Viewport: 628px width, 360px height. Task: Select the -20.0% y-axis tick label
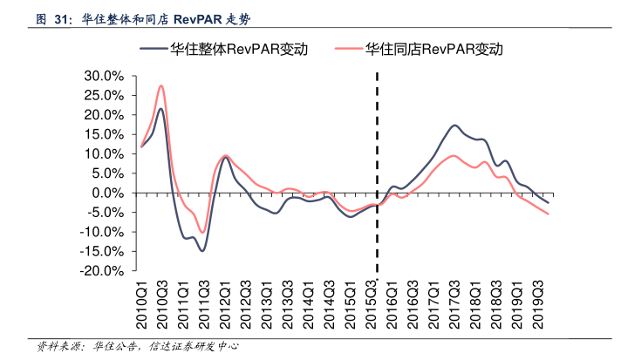(105, 271)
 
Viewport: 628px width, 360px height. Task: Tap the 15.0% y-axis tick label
(107, 134)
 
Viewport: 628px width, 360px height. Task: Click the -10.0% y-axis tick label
(105, 232)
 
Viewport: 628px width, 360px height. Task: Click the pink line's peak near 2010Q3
(161, 85)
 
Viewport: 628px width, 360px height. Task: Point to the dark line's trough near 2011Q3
(202, 251)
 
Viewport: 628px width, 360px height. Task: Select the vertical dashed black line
(377, 174)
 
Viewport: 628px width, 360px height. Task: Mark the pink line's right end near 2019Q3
(548, 214)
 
